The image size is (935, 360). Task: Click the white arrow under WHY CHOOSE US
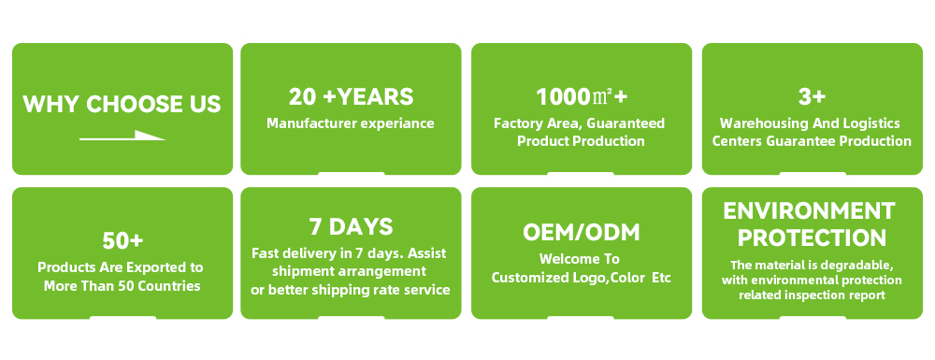(122, 136)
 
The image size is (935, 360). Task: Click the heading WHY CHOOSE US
(122, 104)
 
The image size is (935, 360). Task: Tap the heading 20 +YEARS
(351, 96)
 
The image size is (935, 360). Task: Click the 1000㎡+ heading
(582, 96)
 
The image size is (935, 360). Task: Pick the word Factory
(514, 123)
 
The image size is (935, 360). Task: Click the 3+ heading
(812, 96)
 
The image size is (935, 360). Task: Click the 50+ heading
(122, 241)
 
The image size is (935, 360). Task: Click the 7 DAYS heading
(351, 226)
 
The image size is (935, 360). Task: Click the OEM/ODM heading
(582, 233)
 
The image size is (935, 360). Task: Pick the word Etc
(661, 279)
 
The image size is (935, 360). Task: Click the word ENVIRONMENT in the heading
(809, 211)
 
